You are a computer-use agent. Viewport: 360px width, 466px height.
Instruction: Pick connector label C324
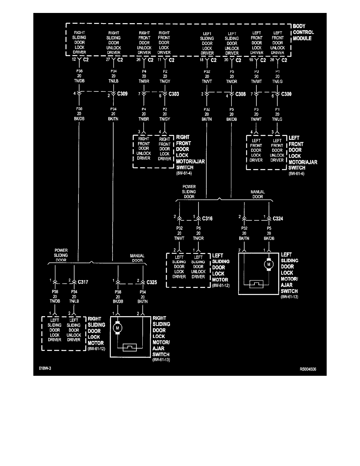(x=278, y=218)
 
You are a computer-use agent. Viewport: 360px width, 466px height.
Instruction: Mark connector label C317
(x=83, y=282)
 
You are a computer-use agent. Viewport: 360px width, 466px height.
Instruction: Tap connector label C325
(x=152, y=282)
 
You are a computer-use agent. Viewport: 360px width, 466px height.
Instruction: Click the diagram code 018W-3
(x=45, y=369)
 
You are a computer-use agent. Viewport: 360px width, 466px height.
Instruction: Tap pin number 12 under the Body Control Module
(x=73, y=60)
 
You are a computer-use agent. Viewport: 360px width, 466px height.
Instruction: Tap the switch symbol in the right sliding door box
(x=129, y=347)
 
